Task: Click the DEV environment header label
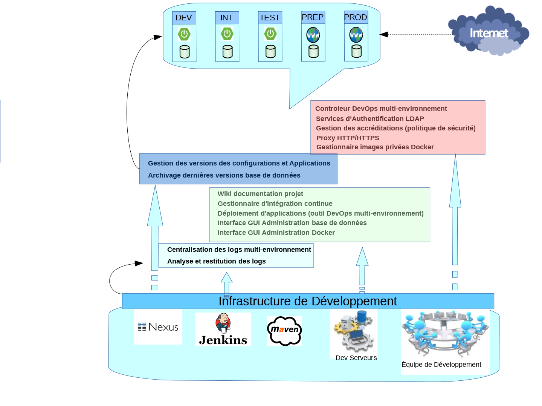(184, 18)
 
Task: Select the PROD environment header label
(356, 17)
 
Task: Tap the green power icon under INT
(227, 34)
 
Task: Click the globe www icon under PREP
(313, 35)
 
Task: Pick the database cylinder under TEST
(270, 51)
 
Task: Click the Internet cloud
(489, 32)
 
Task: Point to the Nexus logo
(158, 327)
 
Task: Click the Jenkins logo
(223, 329)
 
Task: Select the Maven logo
(284, 331)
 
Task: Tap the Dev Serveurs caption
(356, 358)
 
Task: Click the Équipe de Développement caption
(441, 365)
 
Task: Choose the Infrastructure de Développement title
(307, 301)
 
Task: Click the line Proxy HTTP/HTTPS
(348, 138)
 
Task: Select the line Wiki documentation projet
(260, 194)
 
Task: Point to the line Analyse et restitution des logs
(216, 261)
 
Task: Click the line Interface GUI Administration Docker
(276, 233)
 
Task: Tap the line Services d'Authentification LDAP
(370, 119)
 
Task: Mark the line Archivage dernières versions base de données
(224, 175)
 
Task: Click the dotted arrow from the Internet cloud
(418, 35)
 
